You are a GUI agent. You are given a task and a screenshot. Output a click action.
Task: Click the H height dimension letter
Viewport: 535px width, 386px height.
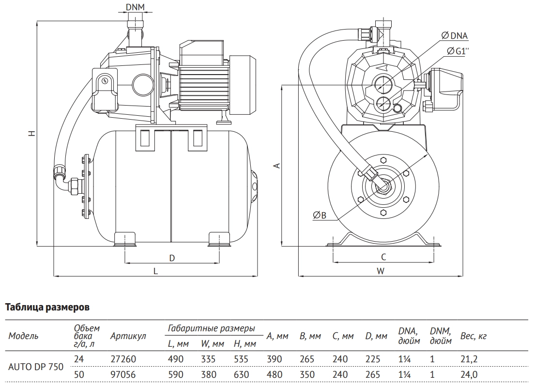31,133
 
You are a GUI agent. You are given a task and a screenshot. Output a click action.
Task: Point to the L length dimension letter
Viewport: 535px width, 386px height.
155,272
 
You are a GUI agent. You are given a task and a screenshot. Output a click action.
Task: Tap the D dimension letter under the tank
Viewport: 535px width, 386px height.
171,258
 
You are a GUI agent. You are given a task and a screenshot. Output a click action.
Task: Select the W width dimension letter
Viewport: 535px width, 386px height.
381,272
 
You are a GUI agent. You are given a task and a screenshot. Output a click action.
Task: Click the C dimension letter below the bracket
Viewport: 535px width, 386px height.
382,257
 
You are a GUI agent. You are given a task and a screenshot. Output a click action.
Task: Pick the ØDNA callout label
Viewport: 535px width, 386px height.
455,35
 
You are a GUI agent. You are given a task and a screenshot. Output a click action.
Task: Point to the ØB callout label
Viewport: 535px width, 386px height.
319,216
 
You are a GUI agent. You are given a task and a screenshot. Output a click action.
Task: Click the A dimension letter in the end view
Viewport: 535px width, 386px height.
277,165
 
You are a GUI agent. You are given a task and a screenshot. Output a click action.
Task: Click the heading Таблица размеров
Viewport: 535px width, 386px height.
47,307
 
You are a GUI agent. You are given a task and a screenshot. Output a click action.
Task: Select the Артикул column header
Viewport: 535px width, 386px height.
128,336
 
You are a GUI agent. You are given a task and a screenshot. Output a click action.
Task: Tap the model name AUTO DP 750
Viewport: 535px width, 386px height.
36,367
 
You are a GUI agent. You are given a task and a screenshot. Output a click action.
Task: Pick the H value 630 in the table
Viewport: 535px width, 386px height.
241,375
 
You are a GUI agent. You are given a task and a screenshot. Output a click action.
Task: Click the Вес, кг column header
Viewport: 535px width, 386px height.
473,336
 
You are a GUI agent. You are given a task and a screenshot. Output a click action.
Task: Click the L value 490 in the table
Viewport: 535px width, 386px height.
176,359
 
